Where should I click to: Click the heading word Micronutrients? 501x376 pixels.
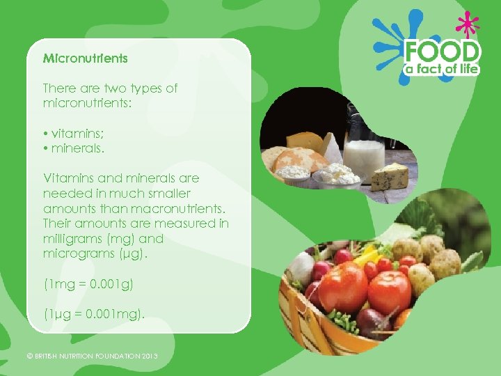pos(85,58)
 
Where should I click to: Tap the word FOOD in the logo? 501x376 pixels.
pos(443,52)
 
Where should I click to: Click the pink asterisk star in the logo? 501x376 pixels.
pos(468,26)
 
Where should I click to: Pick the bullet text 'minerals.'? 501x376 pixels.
pos(76,148)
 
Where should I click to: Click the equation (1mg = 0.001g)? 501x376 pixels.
pos(88,284)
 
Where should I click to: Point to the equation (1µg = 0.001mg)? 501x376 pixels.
pos(94,314)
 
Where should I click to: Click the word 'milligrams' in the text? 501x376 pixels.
pos(71,238)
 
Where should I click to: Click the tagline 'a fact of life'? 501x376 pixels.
pos(443,70)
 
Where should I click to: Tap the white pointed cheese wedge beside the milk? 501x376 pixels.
pos(333,148)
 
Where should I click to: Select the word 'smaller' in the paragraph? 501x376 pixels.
pos(168,193)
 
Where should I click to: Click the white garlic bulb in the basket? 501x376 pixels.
pos(303,267)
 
